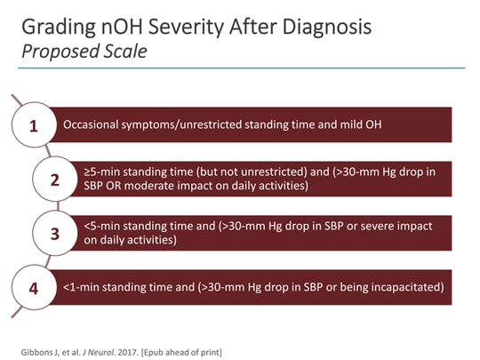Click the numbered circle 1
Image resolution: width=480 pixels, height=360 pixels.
click(34, 125)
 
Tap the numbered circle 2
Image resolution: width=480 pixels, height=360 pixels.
click(54, 180)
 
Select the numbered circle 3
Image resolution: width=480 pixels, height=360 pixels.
click(54, 234)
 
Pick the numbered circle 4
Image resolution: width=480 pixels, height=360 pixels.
click(34, 288)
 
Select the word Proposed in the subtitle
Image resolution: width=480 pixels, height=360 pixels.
click(55, 52)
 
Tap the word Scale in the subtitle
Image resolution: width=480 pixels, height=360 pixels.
click(124, 52)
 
